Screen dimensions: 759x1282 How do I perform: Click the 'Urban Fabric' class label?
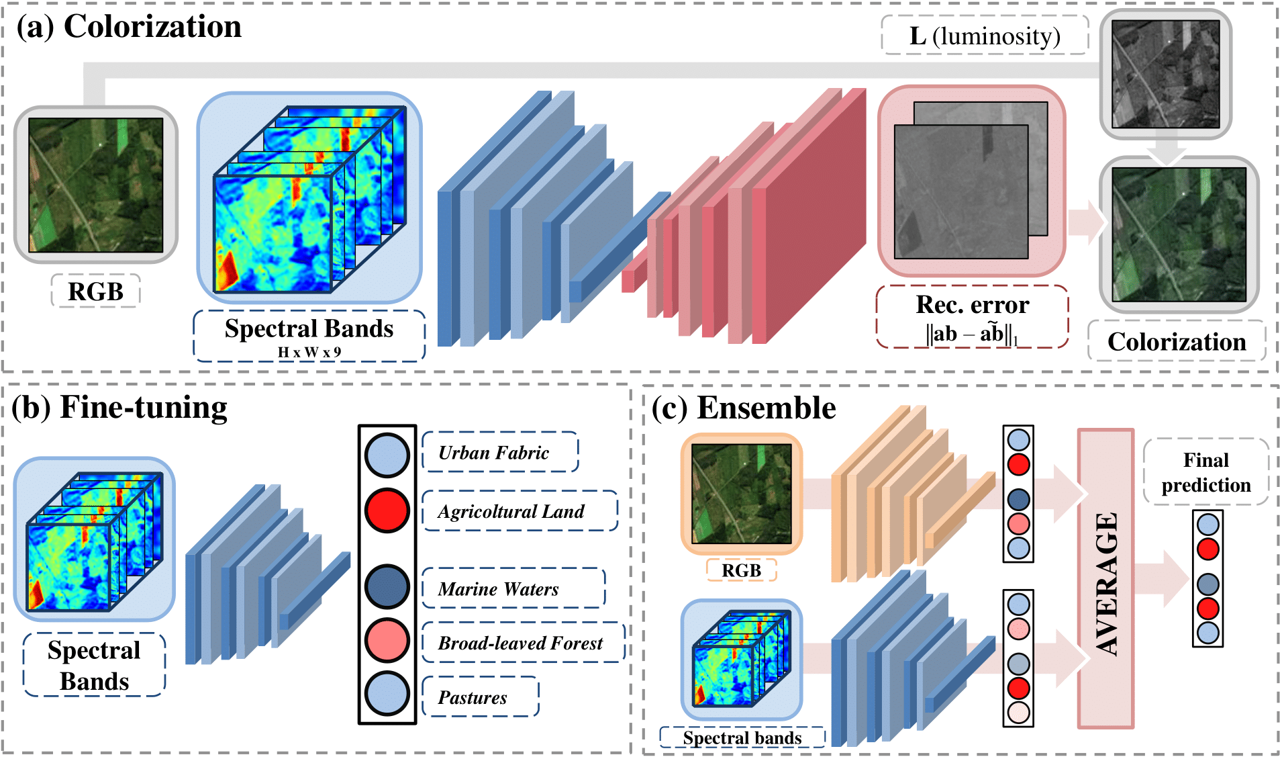point(499,453)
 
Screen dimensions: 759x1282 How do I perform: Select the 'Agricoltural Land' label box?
point(519,511)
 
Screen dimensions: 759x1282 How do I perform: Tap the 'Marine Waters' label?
point(513,588)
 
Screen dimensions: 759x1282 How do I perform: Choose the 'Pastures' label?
point(479,697)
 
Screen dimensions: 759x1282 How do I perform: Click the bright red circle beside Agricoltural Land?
point(387,510)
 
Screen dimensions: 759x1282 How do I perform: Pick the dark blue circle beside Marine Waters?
point(387,586)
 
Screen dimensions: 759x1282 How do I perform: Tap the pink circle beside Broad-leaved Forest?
point(387,640)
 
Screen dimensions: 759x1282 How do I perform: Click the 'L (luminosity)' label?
point(985,36)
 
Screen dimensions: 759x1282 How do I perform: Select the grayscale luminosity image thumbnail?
point(1166,74)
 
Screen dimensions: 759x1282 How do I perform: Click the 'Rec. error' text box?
point(972,316)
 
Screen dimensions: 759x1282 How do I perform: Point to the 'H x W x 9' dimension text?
point(309,352)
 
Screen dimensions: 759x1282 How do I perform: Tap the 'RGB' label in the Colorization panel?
point(96,292)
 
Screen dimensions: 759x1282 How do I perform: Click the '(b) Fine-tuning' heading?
point(119,408)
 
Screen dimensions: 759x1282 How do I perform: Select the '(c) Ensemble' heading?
point(744,408)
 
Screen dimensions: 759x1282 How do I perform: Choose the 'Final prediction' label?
point(1206,472)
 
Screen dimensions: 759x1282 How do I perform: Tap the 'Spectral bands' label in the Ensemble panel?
point(742,738)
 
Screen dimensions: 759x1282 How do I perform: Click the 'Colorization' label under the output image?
point(1177,342)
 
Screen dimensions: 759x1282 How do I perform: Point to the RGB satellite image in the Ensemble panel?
point(742,494)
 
